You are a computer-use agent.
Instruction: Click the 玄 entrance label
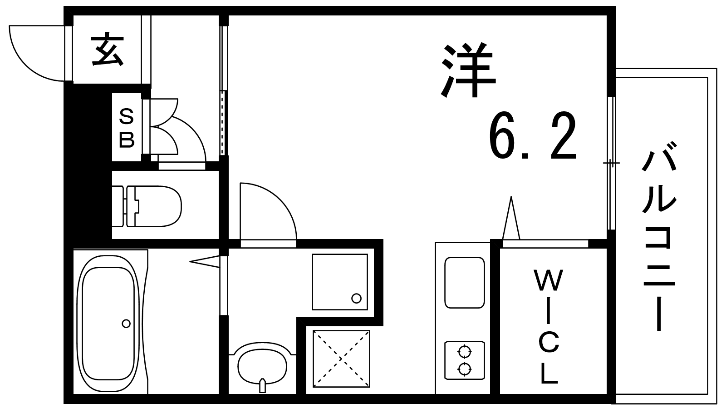[107, 50]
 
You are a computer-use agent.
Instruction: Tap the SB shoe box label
[127, 128]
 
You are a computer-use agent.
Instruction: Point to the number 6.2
[533, 136]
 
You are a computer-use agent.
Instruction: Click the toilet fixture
[147, 206]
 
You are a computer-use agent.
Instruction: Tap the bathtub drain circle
[126, 324]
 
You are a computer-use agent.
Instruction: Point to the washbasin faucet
[263, 385]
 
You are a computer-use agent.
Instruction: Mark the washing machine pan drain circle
[357, 298]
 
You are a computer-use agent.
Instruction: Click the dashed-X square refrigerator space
[341, 359]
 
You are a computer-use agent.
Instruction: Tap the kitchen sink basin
[465, 283]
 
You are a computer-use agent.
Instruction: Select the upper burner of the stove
[464, 351]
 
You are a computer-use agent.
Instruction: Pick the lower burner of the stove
[464, 369]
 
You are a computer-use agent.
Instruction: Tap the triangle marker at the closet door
[511, 218]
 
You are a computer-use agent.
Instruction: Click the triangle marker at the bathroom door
[205, 262]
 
